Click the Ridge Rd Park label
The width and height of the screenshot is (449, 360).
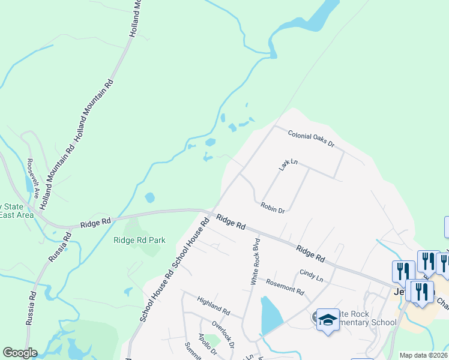(139, 240)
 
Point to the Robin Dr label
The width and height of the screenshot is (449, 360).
(273, 208)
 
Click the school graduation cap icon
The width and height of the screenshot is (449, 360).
(328, 320)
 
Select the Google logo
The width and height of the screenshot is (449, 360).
(20, 353)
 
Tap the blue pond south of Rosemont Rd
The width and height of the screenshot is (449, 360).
(270, 315)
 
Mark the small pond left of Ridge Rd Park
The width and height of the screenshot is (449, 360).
(149, 197)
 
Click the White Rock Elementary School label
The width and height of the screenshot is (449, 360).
(360, 318)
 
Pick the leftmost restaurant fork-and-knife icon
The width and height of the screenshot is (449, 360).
(403, 271)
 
